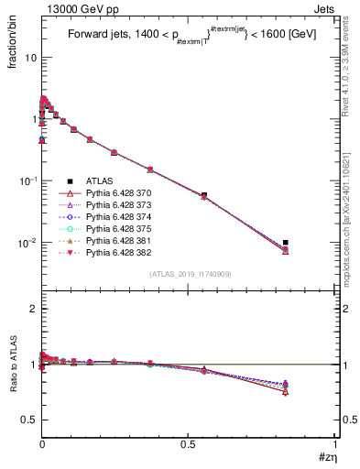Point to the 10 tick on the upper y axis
click(x=30, y=57)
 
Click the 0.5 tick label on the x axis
click(x=188, y=444)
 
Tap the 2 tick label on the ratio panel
click(x=33, y=310)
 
